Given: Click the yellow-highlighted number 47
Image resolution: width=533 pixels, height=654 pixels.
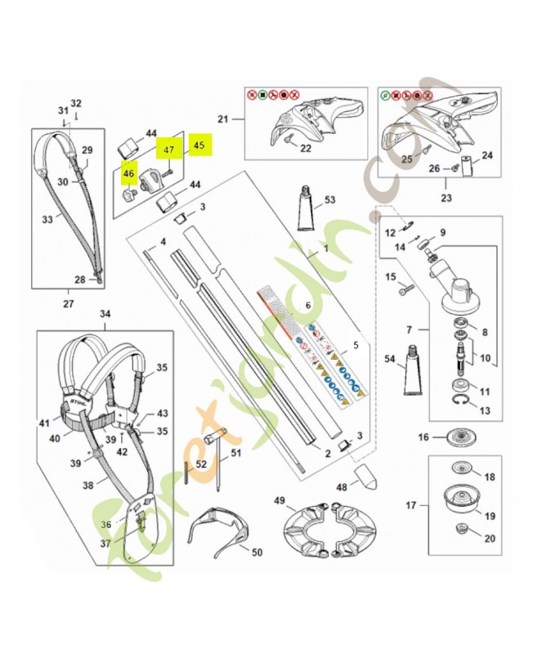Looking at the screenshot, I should tap(169, 150).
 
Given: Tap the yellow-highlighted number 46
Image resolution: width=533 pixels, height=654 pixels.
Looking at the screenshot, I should tap(128, 173).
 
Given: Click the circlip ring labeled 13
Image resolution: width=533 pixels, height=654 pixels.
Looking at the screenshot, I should tap(462, 401).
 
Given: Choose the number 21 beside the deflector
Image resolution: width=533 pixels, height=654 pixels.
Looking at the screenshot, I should tap(222, 119).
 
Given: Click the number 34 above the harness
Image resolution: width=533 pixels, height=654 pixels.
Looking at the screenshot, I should tap(104, 314).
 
